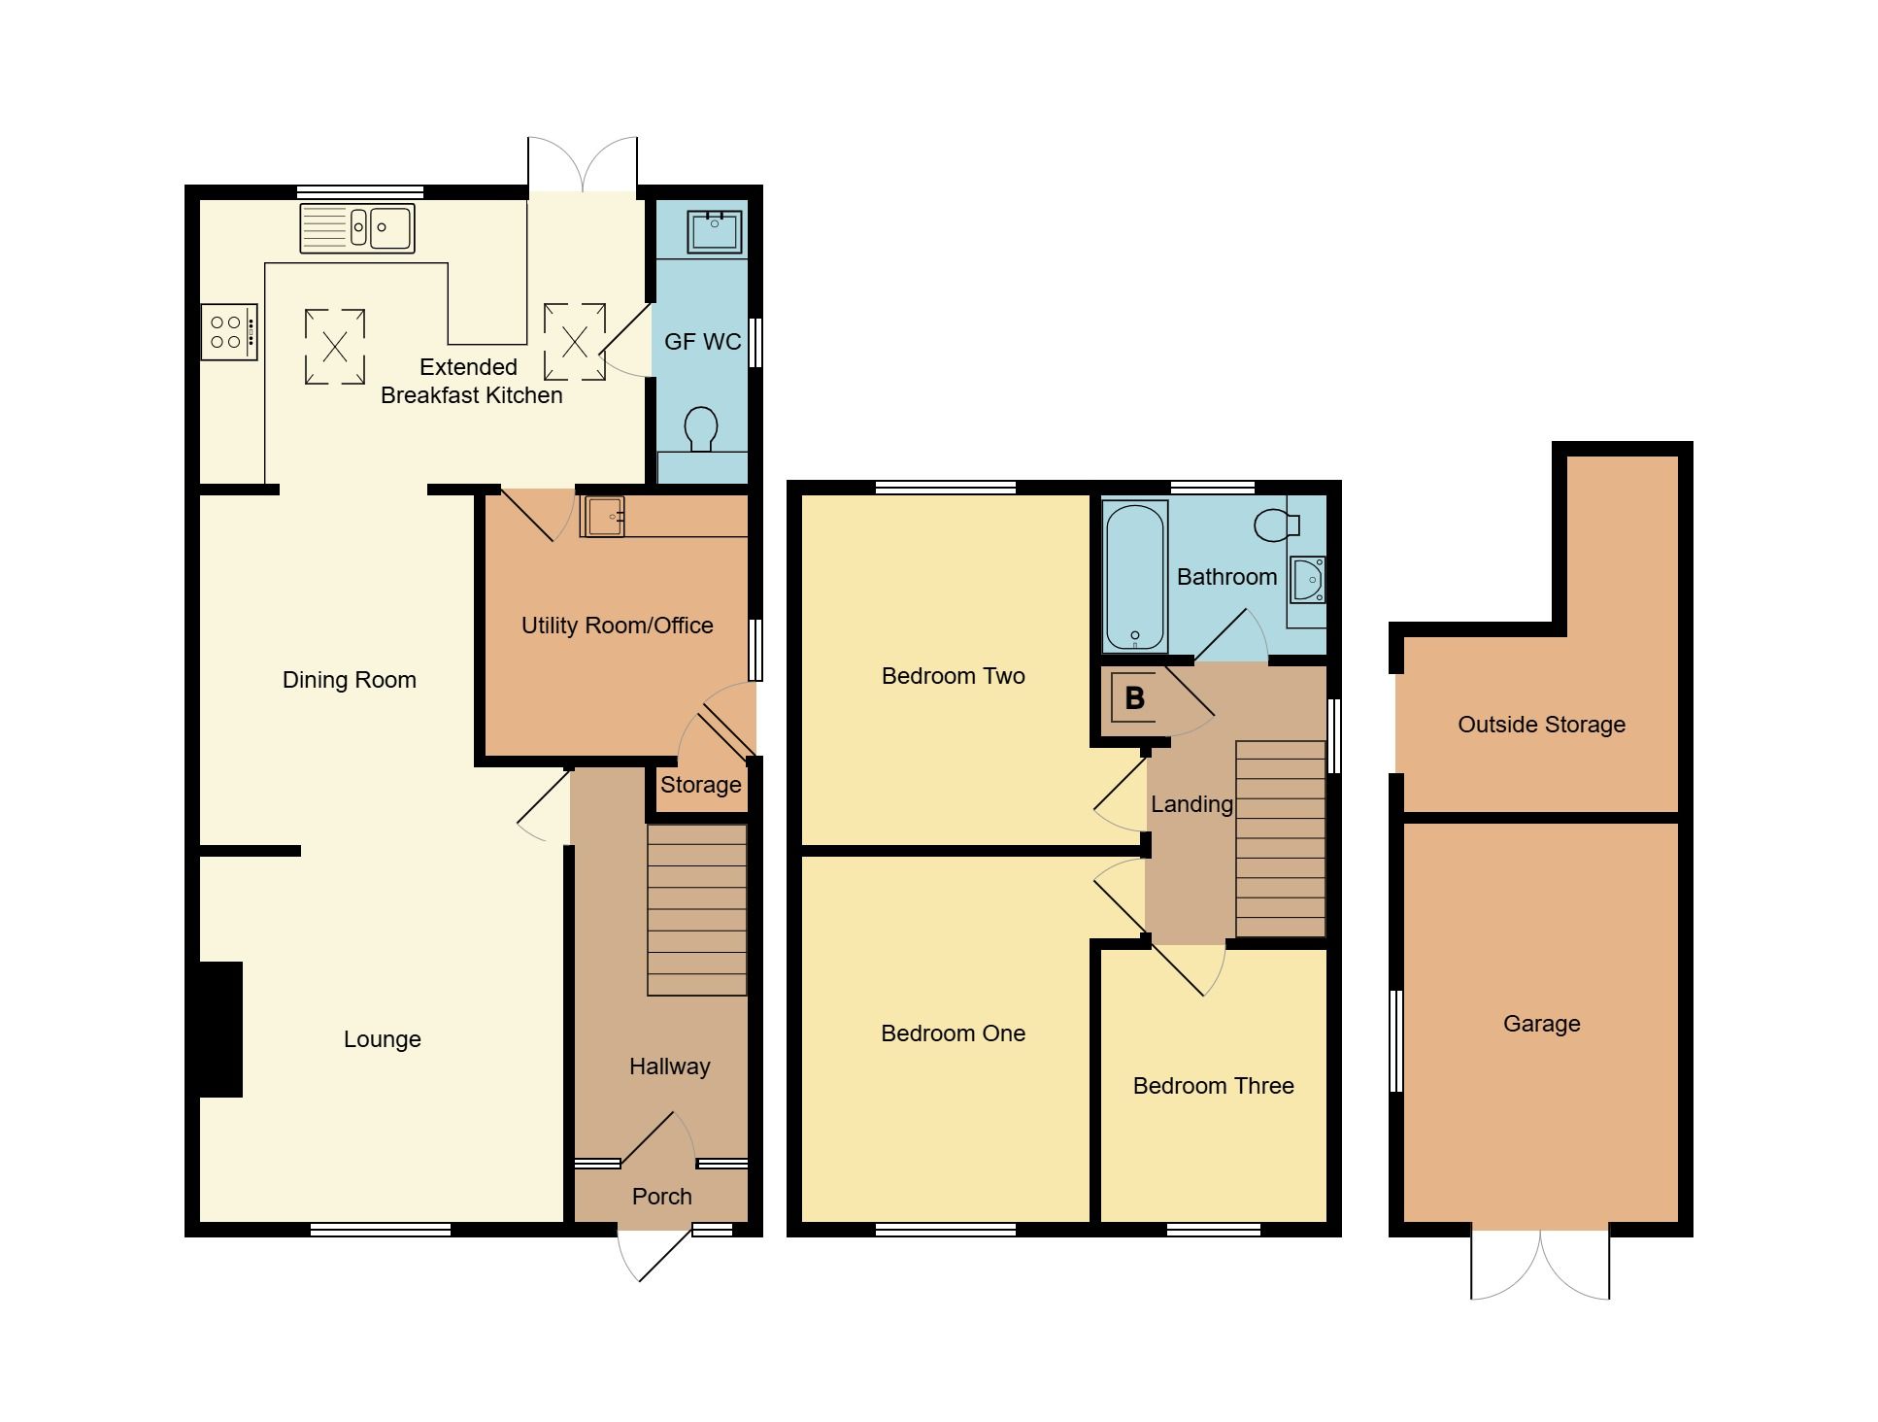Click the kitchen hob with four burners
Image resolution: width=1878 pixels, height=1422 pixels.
(229, 332)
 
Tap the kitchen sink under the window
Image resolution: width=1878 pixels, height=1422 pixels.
(357, 228)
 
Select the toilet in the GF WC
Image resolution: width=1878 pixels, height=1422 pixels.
(701, 429)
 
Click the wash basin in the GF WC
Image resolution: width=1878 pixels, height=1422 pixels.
(715, 230)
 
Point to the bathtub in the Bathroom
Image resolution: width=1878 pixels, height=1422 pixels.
(1135, 576)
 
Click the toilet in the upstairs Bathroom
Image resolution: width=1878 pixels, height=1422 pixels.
(1276, 525)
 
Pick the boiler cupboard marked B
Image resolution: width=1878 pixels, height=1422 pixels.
(1133, 697)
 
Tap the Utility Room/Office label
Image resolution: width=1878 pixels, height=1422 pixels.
(617, 626)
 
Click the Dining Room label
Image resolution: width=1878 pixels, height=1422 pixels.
(349, 680)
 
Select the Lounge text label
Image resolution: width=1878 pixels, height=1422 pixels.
(382, 1039)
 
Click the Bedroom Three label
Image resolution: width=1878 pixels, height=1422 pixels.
(1213, 1086)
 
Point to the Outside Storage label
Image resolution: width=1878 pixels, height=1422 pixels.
(1541, 725)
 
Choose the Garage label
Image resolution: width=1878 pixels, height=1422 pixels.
(1541, 1024)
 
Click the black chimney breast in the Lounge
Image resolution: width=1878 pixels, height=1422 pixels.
(220, 1030)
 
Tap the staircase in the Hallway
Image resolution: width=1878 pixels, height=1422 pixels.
(696, 910)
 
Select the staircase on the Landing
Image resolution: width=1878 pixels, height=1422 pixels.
(1280, 838)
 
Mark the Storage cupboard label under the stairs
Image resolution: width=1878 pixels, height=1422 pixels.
(700, 785)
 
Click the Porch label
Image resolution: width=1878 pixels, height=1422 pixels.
(661, 1197)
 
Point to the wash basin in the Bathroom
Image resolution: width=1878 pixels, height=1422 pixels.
(1308, 580)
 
